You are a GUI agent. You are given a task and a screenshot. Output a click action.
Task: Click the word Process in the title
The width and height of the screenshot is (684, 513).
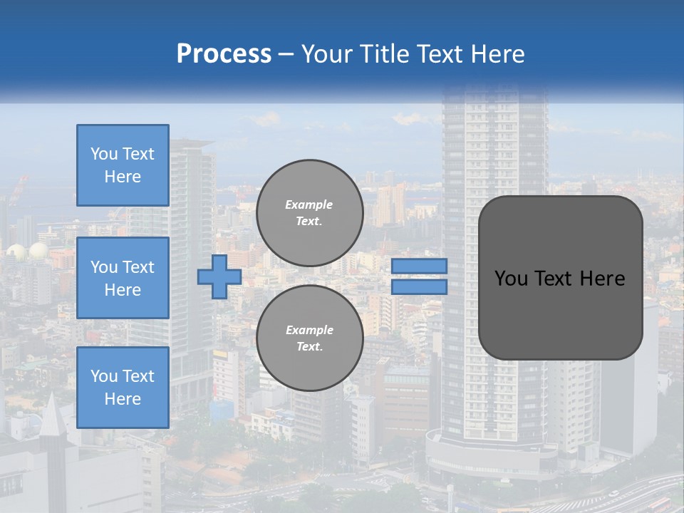click(x=224, y=54)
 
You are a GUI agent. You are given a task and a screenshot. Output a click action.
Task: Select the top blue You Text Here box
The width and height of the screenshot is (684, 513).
click(x=123, y=165)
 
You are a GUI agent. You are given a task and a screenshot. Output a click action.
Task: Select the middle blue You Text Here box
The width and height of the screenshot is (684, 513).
click(x=123, y=278)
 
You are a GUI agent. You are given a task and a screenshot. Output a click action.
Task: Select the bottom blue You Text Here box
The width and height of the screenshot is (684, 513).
click(x=123, y=387)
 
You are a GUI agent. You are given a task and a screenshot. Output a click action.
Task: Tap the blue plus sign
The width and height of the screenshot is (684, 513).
click(x=219, y=276)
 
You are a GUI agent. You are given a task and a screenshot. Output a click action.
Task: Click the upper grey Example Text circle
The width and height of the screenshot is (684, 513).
click(x=309, y=213)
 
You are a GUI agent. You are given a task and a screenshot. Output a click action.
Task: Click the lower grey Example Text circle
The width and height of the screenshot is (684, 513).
click(x=309, y=338)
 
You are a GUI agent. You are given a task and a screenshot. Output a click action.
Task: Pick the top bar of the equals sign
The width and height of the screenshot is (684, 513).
click(x=419, y=266)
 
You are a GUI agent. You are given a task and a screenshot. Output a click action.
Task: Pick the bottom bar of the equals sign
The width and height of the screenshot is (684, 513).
click(x=419, y=287)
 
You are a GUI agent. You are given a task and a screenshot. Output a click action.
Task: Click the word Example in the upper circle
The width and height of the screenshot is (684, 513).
click(x=309, y=204)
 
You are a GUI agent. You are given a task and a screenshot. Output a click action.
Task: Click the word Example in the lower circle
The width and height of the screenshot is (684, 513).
click(x=309, y=330)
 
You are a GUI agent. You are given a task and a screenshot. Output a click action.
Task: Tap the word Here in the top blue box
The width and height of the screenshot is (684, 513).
click(x=123, y=177)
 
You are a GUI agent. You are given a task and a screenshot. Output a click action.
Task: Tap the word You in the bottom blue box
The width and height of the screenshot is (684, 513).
click(x=104, y=375)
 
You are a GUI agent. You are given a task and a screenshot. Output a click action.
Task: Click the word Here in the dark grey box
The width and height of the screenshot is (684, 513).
click(x=603, y=279)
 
